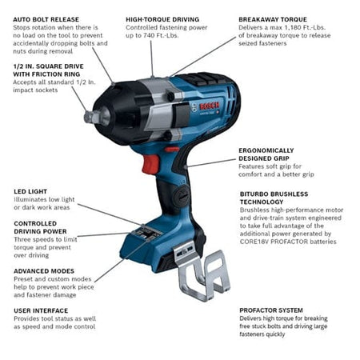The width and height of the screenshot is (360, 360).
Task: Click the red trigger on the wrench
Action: coord(150,163)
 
